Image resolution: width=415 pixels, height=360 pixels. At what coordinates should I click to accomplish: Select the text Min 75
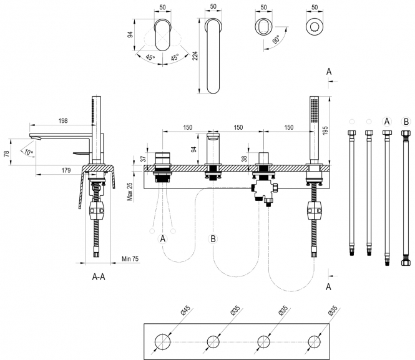tap(130, 259)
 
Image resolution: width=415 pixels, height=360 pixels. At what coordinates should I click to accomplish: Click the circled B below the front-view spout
tap(213, 238)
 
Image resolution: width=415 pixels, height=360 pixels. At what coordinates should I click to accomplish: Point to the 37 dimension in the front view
tap(143, 159)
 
